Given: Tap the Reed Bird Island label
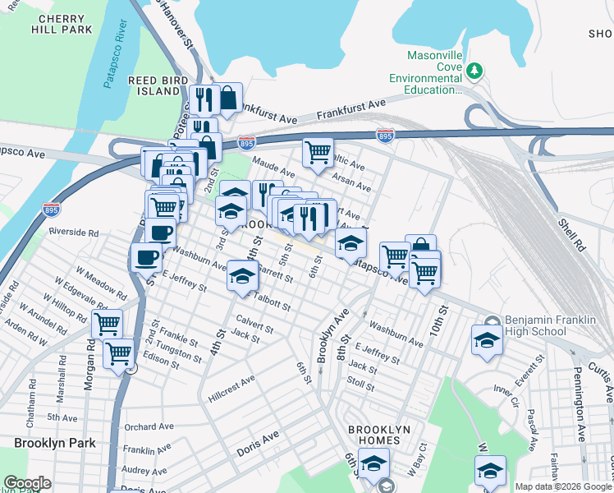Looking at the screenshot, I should [153, 85].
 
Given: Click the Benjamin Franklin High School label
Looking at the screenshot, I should [525, 325].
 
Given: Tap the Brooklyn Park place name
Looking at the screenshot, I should [54, 443].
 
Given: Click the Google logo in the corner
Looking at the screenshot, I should [27, 484].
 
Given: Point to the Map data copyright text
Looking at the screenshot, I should [563, 486].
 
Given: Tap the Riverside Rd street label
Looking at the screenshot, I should [73, 233].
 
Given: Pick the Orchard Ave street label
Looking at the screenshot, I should [149, 427].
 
